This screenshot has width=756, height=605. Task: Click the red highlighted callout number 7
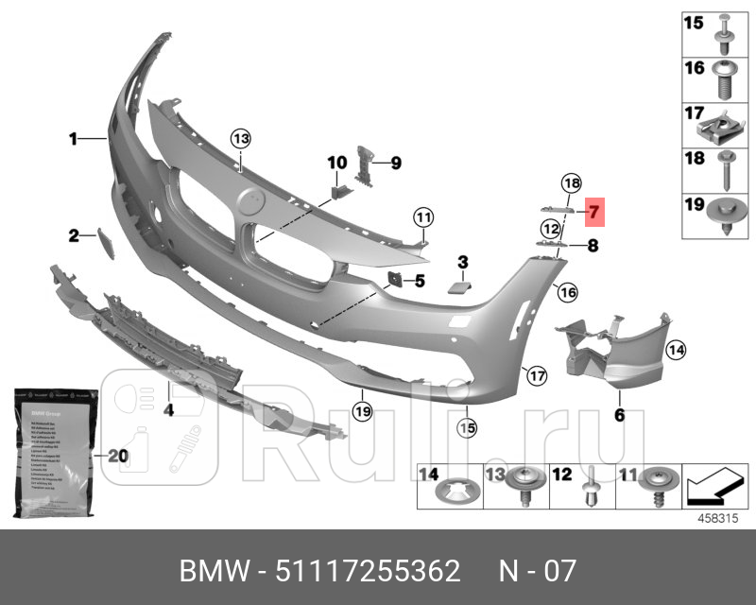click(593, 212)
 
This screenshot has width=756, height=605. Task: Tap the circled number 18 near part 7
click(570, 182)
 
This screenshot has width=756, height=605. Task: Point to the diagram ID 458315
click(717, 516)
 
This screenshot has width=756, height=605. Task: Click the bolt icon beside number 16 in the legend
click(727, 78)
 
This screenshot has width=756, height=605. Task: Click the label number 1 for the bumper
click(73, 140)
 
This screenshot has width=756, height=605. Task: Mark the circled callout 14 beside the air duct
click(675, 351)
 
